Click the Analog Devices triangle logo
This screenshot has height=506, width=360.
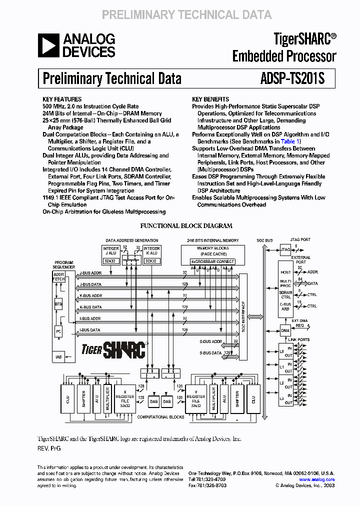click(48, 45)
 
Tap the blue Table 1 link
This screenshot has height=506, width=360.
click(290, 141)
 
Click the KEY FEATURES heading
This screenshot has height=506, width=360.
click(62, 99)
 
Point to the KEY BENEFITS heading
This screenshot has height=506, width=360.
click(210, 99)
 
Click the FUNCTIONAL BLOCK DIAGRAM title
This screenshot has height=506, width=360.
click(186, 226)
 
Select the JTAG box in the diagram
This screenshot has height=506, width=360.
click(285, 249)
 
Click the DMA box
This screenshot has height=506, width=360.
click(285, 330)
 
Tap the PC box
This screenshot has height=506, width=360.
click(58, 331)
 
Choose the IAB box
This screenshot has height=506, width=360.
click(58, 356)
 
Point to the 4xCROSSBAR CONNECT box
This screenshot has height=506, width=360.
click(213, 261)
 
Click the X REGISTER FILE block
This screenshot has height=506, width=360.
click(125, 399)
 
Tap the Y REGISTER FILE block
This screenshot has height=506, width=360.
click(196, 399)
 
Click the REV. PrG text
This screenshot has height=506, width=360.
click(49, 448)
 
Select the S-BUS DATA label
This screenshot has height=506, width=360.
click(210, 353)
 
